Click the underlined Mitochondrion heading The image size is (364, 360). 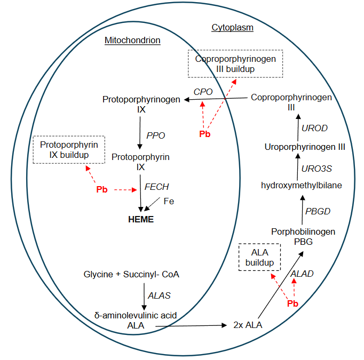[x=132, y=40]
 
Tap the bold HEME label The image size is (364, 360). [x=140, y=219]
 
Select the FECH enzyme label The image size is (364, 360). [x=156, y=187]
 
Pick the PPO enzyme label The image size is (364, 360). [x=155, y=135]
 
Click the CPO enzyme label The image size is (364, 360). [x=203, y=92]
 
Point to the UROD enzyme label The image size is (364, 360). [x=314, y=128]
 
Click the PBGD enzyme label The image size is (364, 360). [x=318, y=211]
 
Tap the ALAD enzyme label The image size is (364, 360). [x=302, y=274]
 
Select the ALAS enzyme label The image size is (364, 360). [x=160, y=295]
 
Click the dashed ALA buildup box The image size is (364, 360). [x=259, y=258]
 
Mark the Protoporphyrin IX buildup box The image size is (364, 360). [x=69, y=150]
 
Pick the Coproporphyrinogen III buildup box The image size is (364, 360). [x=235, y=64]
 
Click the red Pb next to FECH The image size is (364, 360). [x=102, y=189]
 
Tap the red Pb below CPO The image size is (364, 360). [x=204, y=134]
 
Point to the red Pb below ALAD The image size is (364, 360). [x=292, y=303]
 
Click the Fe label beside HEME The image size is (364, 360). [x=169, y=202]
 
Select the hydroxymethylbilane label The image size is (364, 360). [x=302, y=185]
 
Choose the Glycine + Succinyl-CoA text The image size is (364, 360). [x=131, y=275]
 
